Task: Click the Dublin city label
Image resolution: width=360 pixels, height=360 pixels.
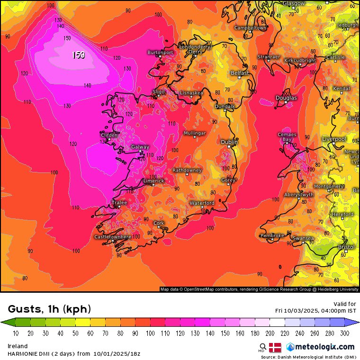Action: tap(230, 142)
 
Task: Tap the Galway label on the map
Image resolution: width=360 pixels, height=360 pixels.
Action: tap(140, 147)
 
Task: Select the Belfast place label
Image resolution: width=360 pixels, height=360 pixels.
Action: tap(240, 73)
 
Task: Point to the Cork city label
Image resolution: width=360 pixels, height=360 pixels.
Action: tap(159, 223)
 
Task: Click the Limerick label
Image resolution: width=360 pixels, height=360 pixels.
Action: tap(154, 181)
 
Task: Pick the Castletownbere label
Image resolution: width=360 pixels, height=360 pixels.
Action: tap(113, 237)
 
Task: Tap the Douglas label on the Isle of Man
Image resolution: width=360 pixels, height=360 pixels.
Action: tap(286, 98)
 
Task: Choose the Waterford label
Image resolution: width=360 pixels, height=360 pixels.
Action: tap(202, 203)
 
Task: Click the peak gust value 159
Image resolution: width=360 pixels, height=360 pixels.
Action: tap(78, 55)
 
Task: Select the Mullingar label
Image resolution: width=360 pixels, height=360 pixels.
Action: tap(195, 133)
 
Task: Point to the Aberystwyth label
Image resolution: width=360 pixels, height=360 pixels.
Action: tap(299, 195)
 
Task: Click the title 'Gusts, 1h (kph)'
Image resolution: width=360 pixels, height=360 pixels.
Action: tap(49, 309)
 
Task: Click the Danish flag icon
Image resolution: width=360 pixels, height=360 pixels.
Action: tap(275, 347)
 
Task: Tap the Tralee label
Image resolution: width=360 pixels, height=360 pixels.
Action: tap(119, 203)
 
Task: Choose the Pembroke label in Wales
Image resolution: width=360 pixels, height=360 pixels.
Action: tap(272, 235)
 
